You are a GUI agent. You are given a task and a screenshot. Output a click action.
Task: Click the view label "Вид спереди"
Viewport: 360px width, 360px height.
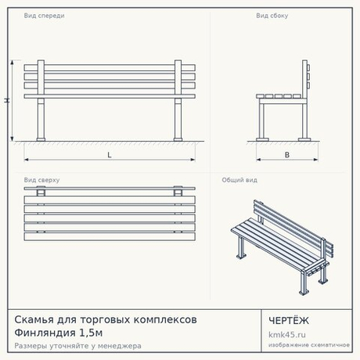click(44, 16)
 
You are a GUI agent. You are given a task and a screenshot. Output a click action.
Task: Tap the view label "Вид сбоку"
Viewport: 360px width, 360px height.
click(272, 16)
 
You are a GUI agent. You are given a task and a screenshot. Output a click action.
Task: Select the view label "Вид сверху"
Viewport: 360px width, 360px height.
click(41, 180)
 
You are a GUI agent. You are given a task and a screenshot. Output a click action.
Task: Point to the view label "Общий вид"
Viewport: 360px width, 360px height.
click(239, 180)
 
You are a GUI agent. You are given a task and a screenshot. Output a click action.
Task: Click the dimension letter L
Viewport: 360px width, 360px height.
click(110, 155)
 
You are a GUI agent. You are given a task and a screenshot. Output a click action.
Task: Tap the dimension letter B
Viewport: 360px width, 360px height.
click(287, 155)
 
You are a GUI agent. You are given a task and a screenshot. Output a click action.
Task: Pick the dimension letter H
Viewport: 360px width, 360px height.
click(7, 100)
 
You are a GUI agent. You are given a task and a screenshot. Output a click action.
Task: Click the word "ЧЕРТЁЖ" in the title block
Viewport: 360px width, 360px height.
click(289, 321)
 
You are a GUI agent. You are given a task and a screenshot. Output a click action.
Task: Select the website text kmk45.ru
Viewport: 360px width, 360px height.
click(287, 334)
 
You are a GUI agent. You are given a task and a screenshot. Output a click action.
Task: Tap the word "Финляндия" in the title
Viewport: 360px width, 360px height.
click(45, 333)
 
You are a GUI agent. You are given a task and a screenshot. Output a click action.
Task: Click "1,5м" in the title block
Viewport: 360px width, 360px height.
click(91, 333)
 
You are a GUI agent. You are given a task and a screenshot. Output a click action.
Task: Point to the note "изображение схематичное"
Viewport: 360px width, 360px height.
click(309, 345)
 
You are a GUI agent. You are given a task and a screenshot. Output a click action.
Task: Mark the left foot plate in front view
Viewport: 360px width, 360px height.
click(41, 139)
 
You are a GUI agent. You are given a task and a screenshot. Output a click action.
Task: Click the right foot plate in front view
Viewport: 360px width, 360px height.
click(178, 139)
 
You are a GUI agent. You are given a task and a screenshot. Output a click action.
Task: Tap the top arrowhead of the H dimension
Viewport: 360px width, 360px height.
click(12, 63)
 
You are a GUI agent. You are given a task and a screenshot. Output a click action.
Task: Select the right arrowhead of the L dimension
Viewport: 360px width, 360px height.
click(193, 160)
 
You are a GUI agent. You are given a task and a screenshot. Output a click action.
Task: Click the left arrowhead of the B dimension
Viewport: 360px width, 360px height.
click(258, 160)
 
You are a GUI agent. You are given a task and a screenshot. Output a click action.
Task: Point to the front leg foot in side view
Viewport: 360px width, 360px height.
click(262, 139)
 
